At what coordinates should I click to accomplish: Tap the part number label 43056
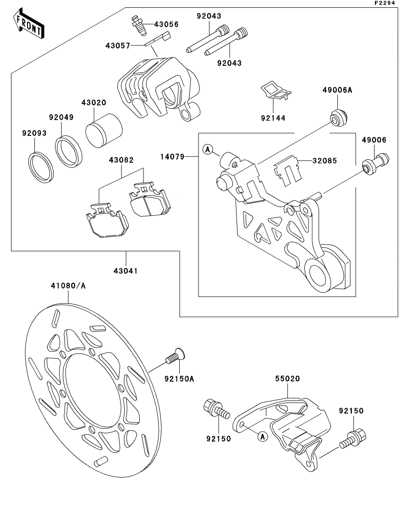165,24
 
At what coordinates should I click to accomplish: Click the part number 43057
118,45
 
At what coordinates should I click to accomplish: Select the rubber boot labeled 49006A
340,117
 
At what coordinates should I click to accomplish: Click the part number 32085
325,161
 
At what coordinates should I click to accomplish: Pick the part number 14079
172,157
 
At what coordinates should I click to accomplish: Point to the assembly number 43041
126,271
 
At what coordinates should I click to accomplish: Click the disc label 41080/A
68,286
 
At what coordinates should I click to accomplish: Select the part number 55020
287,379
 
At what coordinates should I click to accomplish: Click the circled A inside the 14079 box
208,149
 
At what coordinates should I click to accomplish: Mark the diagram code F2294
385,3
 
